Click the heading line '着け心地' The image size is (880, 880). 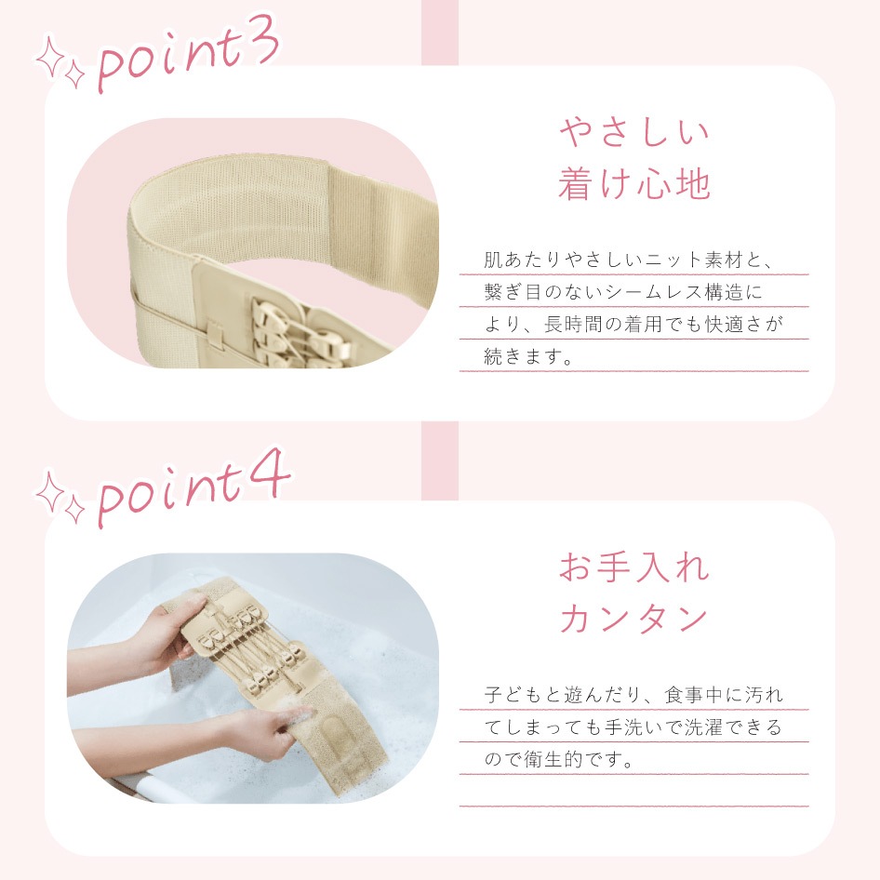pyautogui.click(x=634, y=184)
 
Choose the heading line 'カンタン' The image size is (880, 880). pyautogui.click(x=634, y=620)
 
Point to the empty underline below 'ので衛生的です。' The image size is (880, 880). pyautogui.click(x=633, y=806)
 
